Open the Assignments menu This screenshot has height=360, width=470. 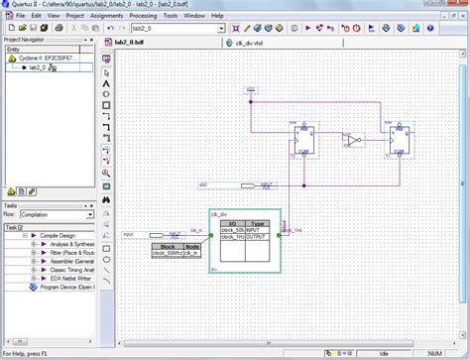106,17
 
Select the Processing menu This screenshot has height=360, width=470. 143,17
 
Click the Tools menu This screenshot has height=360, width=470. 171,17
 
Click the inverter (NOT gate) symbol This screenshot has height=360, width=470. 353,140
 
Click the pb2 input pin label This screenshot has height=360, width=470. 203,184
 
